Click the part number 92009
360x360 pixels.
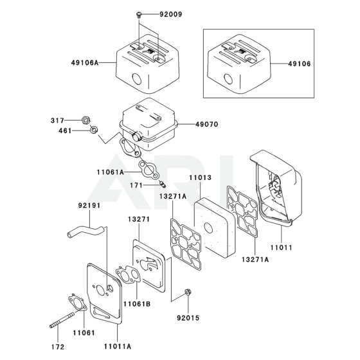coord(171,14)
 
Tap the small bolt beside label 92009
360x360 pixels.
coord(139,15)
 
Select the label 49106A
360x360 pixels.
coord(85,62)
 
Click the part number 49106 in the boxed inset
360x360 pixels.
coord(300,64)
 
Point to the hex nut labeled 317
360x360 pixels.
coord(85,120)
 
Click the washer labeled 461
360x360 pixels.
coord(94,130)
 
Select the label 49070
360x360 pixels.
coord(207,125)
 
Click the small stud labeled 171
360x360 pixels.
coord(163,184)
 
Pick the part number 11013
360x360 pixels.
coord(200,177)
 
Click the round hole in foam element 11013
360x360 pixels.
coord(208,228)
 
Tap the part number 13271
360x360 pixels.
coord(139,219)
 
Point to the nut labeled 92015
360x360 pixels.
coord(188,292)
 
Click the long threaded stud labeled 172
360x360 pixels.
coord(62,319)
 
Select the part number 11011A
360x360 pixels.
coord(118,346)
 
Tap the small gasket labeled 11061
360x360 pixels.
coord(77,303)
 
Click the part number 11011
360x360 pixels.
coord(282,248)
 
